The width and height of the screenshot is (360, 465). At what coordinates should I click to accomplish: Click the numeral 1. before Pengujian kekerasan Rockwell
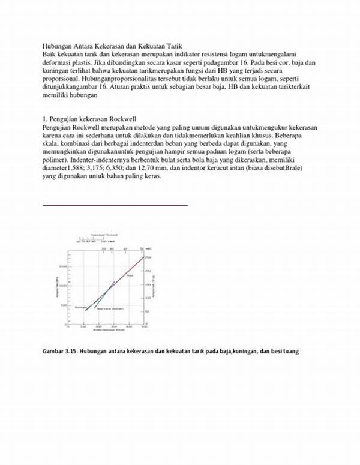pos(45,120)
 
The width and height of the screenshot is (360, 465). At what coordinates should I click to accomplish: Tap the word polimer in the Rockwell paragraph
pos(55,161)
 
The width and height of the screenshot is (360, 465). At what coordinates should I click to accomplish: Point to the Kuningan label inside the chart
pos(81,306)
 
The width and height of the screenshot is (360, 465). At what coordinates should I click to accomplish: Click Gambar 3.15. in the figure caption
pos(60,351)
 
